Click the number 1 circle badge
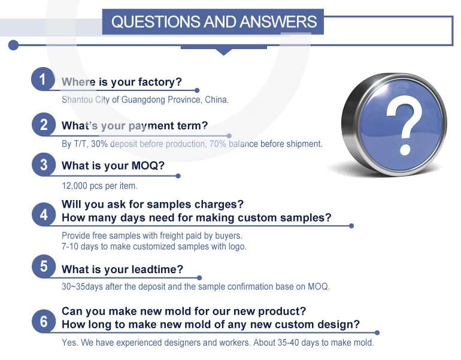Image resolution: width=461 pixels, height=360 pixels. point(43,79)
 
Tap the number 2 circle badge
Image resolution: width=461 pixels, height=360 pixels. point(44,125)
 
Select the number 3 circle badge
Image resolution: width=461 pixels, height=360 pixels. point(44,165)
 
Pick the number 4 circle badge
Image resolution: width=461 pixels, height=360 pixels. point(44,214)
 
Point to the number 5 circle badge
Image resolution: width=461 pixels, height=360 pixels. point(44,267)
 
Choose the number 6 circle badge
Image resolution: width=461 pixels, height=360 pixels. point(44,321)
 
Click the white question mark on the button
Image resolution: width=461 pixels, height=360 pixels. point(404,129)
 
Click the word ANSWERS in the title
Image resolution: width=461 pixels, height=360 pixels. point(278,22)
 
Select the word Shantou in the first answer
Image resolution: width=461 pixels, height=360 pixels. point(77,99)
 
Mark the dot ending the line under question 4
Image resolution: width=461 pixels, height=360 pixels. point(351,226)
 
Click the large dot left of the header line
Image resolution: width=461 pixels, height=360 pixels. point(13,45)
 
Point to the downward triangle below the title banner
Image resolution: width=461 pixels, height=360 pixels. point(224,52)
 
